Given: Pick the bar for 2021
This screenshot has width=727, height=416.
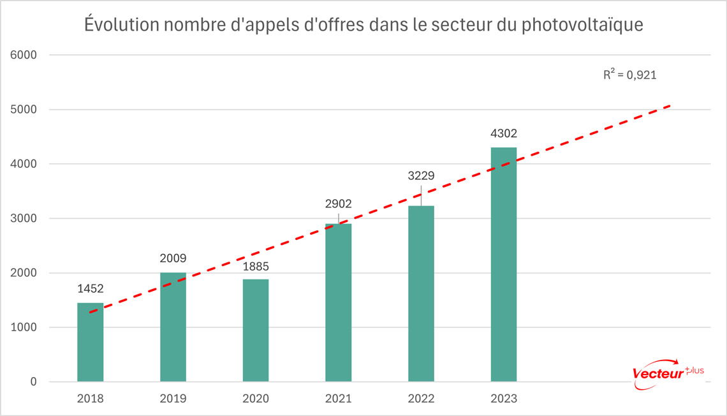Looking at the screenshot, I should [x=338, y=302].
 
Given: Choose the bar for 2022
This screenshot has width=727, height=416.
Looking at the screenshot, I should [x=421, y=293].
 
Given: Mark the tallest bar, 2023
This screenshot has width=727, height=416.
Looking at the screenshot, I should [x=503, y=264].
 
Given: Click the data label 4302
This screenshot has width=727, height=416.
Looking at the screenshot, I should [x=504, y=135].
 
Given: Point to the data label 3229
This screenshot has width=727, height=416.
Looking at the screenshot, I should [x=421, y=175].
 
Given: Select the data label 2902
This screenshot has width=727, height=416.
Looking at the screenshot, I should [x=339, y=204].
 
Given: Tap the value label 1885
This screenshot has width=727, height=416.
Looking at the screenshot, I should [x=256, y=266].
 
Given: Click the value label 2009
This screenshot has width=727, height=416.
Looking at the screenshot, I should [x=173, y=259].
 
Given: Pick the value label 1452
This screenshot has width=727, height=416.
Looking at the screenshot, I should [x=91, y=289].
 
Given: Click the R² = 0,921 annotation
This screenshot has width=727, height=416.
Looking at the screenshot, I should [x=630, y=75].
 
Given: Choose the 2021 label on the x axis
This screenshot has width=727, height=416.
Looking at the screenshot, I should [x=338, y=399].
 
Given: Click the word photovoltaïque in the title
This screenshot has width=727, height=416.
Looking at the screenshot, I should [x=580, y=26].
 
